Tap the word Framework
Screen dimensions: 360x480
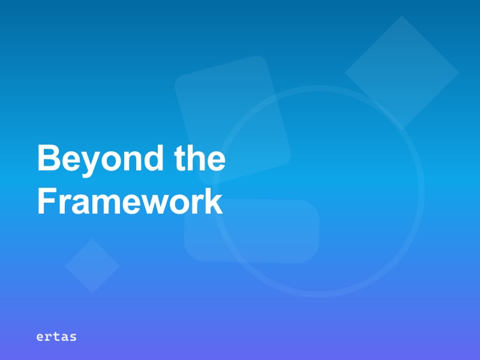[130, 202]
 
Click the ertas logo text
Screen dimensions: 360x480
[56, 337]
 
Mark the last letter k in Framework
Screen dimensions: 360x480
[214, 202]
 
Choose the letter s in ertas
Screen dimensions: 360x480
[73, 337]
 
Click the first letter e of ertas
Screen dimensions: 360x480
[40, 337]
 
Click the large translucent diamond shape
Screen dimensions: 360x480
[401, 72]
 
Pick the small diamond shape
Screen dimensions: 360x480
[92, 266]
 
